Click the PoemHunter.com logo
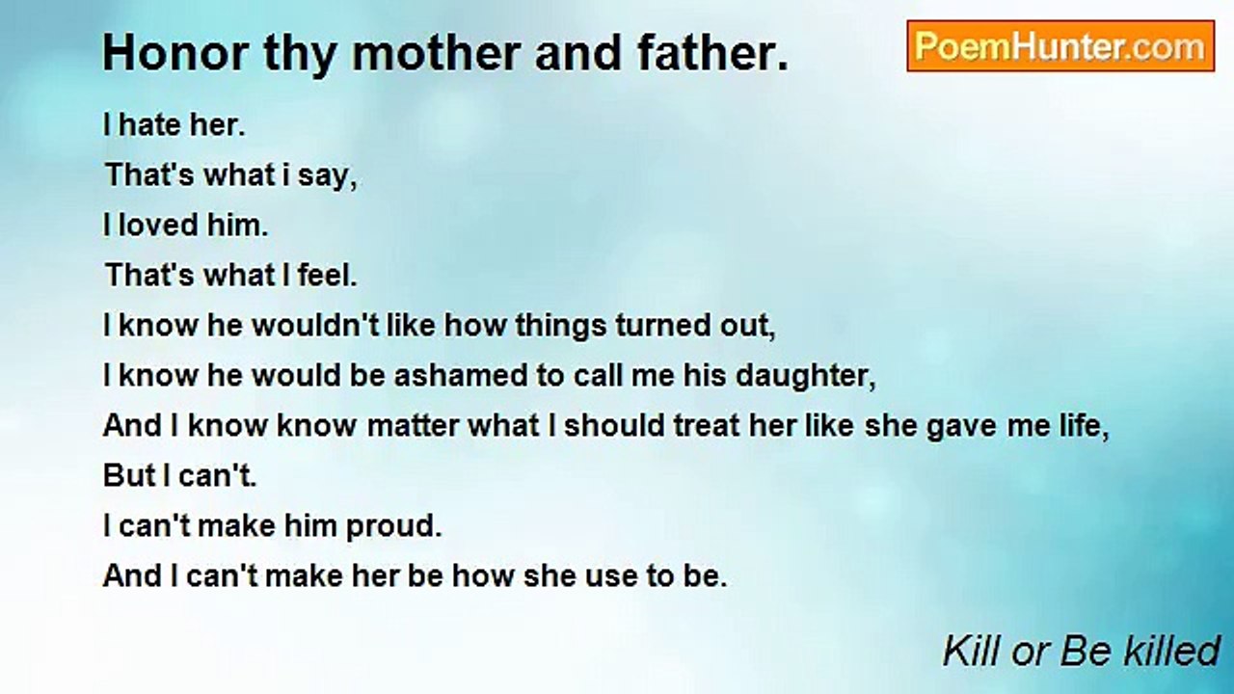tap(1060, 46)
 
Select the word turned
tap(670, 326)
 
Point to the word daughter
tap(805, 376)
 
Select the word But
tap(128, 476)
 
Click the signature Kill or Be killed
tap(1081, 651)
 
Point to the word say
tap(334, 175)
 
